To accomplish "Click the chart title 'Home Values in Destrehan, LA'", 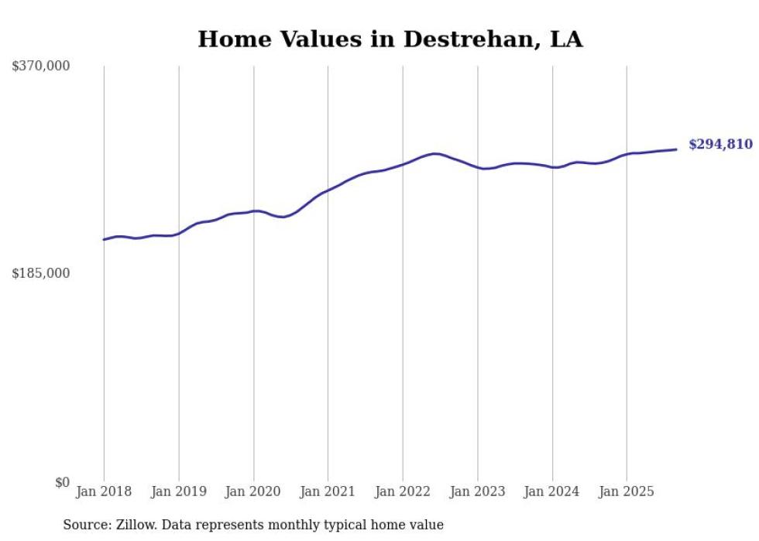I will pos(390,39).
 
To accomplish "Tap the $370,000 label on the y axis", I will pos(40,67).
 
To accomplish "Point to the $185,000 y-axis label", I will pos(40,273).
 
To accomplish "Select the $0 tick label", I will pos(62,482).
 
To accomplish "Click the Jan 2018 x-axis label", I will pos(104,491).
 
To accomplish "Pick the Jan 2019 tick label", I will pos(179,491).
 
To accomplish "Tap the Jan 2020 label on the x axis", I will pos(253,491).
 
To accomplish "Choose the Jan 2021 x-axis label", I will pos(328,491).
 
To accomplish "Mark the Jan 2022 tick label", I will pos(403,491).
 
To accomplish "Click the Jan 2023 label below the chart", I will pos(478,491).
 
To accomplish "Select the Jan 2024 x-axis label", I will pos(552,491).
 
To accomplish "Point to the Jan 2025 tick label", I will pos(627,491).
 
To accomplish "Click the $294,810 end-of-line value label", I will pos(720,145).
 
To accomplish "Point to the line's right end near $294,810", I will pos(676,149).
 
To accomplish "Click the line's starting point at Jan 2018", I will pos(104,239).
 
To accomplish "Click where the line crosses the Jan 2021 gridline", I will pos(328,190).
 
